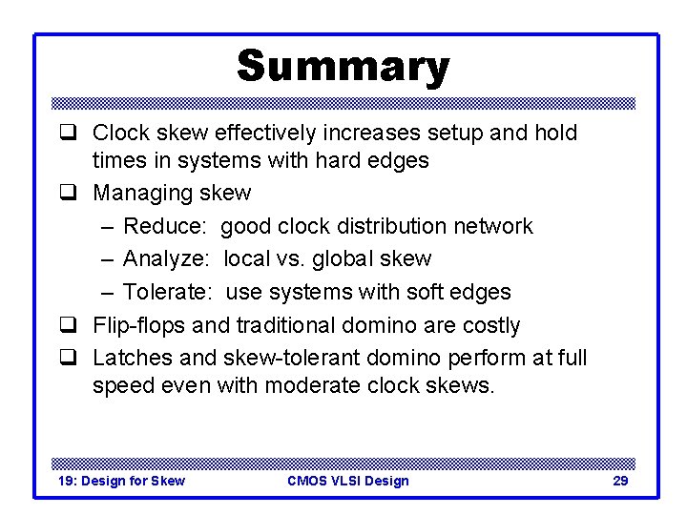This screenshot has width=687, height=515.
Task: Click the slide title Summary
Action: [343, 67]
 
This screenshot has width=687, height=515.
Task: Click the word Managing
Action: [142, 193]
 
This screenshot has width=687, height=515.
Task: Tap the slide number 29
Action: [619, 481]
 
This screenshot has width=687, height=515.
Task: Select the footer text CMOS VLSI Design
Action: [347, 481]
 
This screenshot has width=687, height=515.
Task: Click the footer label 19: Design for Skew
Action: [122, 481]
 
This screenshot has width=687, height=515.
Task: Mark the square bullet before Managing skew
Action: [68, 194]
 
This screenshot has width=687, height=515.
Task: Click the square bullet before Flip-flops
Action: [68, 326]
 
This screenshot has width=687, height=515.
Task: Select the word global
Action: [343, 258]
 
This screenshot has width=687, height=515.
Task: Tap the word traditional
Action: [275, 325]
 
